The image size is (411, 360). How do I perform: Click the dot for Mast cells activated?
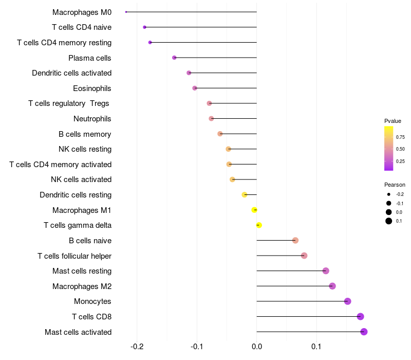[364, 332]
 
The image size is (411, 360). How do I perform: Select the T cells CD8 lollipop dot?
[360, 316]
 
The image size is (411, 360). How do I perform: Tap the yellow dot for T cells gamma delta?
[259, 225]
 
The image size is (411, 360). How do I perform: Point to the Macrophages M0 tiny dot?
[126, 12]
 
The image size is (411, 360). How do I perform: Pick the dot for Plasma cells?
[174, 58]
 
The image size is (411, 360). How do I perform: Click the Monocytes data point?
[347, 301]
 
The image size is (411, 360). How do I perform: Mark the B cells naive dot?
[295, 240]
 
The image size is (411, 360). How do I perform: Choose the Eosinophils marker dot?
[195, 88]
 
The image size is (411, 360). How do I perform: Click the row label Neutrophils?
[92, 119]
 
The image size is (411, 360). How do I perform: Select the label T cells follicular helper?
[74, 256]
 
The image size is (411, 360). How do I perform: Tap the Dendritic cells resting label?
[76, 195]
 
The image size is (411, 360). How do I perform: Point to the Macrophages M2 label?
[82, 286]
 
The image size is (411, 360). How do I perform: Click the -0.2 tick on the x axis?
[137, 347]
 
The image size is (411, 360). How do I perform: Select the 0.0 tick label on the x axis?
[256, 347]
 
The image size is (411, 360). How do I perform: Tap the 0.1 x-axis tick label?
[316, 347]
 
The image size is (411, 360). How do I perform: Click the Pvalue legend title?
[393, 121]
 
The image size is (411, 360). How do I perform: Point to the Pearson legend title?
[395, 185]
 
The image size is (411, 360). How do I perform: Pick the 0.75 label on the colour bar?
[400, 137]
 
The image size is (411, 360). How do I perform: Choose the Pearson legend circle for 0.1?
[389, 221]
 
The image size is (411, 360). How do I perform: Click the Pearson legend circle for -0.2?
[389, 194]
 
